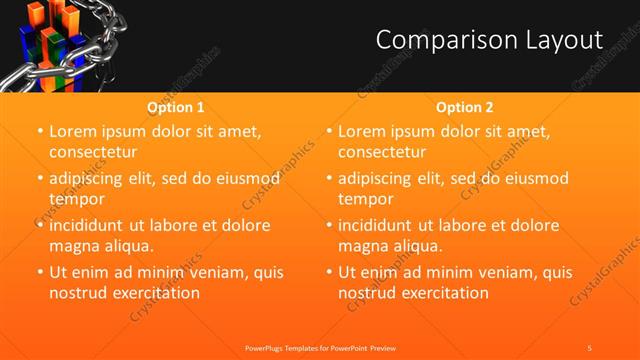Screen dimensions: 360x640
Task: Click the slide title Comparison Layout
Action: coord(489,40)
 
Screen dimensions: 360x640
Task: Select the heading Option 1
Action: coord(176,107)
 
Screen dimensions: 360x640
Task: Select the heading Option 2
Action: coord(465,107)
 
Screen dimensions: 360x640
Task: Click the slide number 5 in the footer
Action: coord(589,347)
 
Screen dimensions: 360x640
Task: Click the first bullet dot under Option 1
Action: coord(39,132)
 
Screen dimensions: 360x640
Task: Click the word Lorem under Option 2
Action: coord(363,132)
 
